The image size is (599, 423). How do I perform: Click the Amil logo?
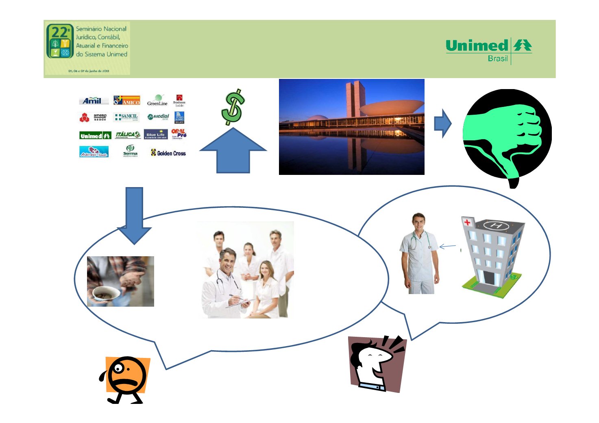pyautogui.click(x=93, y=100)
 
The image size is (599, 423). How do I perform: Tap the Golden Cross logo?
pyautogui.click(x=168, y=153)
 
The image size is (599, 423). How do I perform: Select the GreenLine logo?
pyautogui.click(x=157, y=100)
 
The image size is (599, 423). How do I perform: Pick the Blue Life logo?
pyautogui.click(x=156, y=135)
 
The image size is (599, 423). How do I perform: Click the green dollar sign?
pyautogui.click(x=233, y=107)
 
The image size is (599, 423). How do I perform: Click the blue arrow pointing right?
pyautogui.click(x=443, y=123)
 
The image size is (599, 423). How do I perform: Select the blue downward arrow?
pyautogui.click(x=134, y=216)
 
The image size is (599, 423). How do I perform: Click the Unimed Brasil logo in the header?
pyautogui.click(x=488, y=50)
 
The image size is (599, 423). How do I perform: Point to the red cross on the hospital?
pyautogui.click(x=467, y=222)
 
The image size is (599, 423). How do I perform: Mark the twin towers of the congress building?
pyautogui.click(x=353, y=100)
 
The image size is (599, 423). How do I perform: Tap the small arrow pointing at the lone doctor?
pyautogui.click(x=448, y=246)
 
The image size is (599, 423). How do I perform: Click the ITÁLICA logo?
pyautogui.click(x=128, y=135)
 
